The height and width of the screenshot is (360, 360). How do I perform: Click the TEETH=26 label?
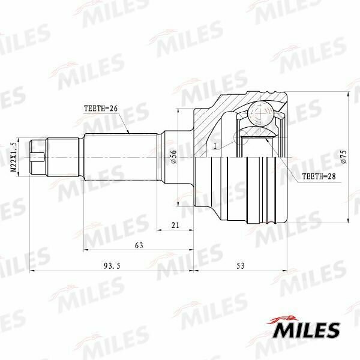101,108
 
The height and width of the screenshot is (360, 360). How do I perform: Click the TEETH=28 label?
319,176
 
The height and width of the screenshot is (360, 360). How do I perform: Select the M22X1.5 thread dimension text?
14,157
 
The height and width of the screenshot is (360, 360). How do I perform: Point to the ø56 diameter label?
174,157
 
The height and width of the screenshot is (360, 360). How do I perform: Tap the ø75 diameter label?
344,157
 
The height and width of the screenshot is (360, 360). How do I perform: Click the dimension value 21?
175,225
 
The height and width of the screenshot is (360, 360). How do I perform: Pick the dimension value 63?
139,245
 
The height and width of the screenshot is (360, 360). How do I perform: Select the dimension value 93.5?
112,266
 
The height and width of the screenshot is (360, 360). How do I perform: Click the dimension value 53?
241,266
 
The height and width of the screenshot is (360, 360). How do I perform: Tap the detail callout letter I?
215,146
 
